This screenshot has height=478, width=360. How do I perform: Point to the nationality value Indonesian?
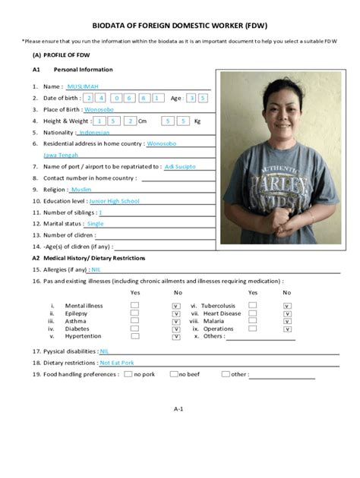[93, 132]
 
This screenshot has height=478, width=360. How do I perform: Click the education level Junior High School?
[114, 201]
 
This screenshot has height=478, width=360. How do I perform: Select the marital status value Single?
[95, 224]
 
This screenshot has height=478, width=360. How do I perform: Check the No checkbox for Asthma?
[175, 320]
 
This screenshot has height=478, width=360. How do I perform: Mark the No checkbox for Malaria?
[287, 320]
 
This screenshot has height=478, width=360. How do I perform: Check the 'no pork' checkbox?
[128, 374]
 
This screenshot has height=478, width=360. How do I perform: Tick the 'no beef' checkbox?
[174, 374]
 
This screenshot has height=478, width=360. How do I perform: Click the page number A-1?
[179, 409]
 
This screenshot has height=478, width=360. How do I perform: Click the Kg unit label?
[197, 121]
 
